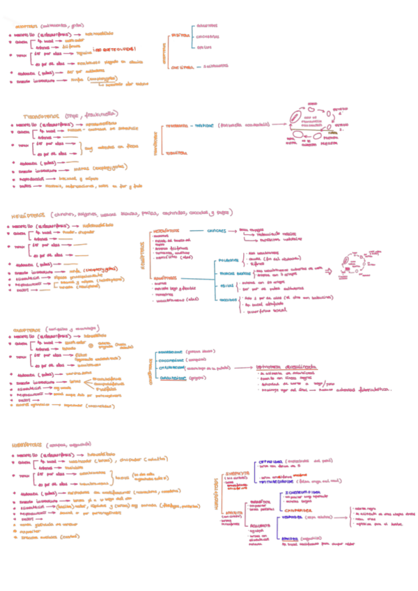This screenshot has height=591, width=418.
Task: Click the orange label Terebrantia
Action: (179, 127)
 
